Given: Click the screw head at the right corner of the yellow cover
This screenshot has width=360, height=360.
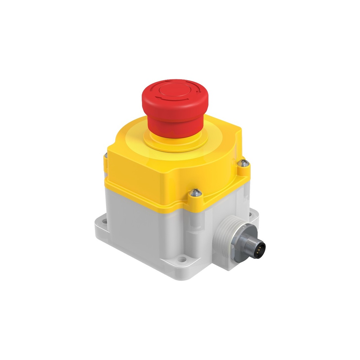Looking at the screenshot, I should coord(244,163).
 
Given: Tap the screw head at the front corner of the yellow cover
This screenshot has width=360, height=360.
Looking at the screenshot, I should coord(195,192).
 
